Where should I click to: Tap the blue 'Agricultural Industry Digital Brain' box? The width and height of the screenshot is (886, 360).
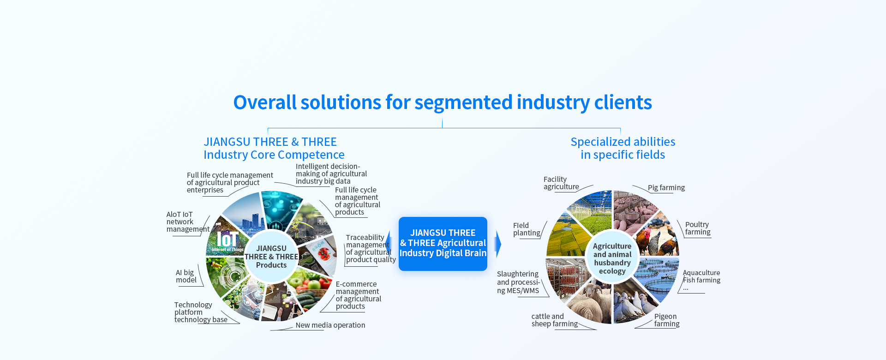click(x=443, y=243)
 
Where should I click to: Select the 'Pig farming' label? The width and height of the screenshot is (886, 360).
click(x=666, y=187)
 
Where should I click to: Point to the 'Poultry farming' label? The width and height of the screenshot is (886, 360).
click(x=697, y=228)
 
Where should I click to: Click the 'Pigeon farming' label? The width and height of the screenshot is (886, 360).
click(x=666, y=320)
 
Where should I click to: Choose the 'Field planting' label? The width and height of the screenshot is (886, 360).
click(x=526, y=229)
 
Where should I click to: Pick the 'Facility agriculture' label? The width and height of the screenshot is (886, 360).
click(x=561, y=183)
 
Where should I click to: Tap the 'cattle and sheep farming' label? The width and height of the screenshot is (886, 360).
click(x=554, y=320)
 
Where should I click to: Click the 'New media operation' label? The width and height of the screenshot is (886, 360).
click(x=330, y=325)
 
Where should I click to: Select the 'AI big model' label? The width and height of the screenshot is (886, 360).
click(x=186, y=276)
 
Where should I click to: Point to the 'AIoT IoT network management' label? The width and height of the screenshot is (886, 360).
click(x=187, y=222)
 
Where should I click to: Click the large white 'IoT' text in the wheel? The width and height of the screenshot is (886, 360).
click(x=227, y=239)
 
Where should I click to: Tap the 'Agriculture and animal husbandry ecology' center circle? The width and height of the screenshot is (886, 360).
click(x=612, y=258)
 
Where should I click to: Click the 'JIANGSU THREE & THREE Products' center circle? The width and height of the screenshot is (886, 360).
click(x=271, y=257)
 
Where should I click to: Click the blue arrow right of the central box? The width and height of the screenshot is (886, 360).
click(x=497, y=244)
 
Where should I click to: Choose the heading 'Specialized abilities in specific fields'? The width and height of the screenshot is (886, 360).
click(x=623, y=148)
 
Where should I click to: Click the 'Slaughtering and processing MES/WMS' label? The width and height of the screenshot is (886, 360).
click(x=518, y=282)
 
